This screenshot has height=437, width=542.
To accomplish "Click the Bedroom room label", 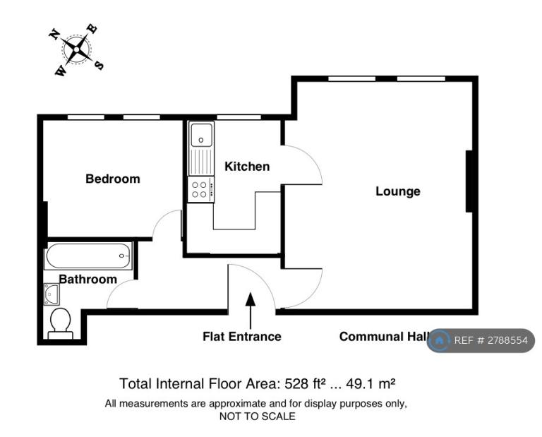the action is pos(113,179).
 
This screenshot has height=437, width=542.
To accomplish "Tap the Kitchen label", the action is pos(247,167).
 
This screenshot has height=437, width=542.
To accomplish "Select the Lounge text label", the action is pos(398,191).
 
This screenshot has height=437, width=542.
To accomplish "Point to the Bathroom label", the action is pos(88,279).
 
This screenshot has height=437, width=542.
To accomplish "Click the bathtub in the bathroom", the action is pos(88,256).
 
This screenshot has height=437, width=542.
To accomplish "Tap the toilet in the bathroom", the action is pos(61,323).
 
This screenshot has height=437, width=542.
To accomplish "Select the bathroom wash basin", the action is pos(52,294).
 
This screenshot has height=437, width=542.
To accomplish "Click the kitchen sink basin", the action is pos(201,134).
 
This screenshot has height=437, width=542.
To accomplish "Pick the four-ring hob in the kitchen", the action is pos(201,189).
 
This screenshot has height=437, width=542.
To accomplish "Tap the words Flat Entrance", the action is pos(242,336).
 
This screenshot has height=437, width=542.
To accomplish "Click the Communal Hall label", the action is pos(384,336).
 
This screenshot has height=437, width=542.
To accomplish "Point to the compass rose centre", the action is pos(76,49).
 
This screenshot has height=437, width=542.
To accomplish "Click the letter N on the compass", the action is pos(54,34).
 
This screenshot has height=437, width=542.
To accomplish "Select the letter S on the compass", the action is pos(100,65).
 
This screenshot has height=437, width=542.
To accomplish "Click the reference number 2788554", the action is pos(508,340).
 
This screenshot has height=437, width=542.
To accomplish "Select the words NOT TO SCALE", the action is pos(258,417).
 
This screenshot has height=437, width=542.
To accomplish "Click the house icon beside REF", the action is pos(440,340).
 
